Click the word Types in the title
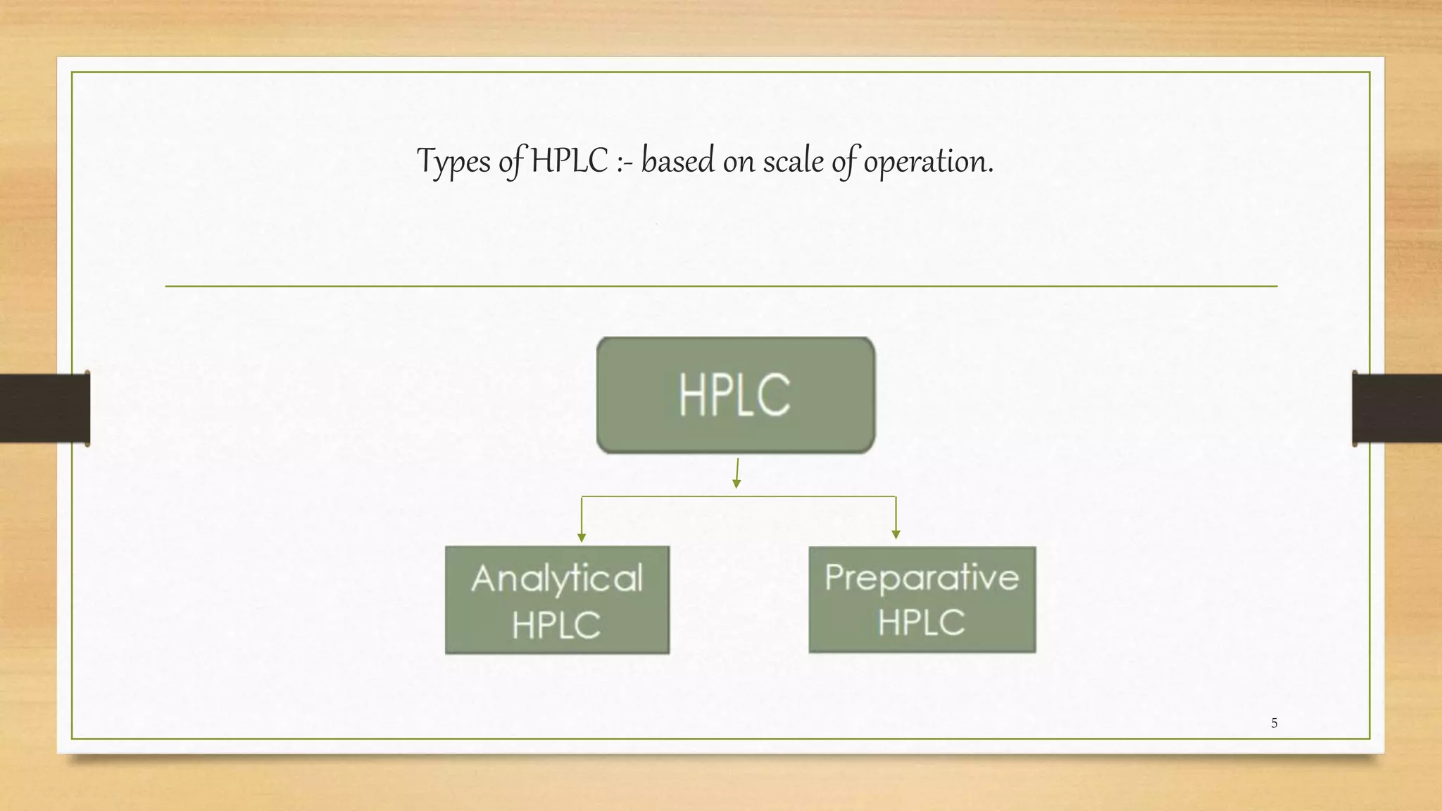[x=453, y=162]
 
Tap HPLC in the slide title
[x=569, y=161]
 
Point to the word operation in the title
[x=928, y=162]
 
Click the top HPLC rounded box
[x=736, y=395]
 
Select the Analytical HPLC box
[x=557, y=600]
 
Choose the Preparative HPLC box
[x=922, y=600]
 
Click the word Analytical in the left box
[x=557, y=579]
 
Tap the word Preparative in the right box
[x=922, y=578]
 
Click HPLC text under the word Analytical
[x=556, y=625]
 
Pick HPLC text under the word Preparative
[x=921, y=622]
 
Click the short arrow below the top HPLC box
[x=737, y=473]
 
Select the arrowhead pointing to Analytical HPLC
[x=582, y=538]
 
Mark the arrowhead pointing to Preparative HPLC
[x=896, y=535]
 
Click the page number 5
[x=1274, y=723]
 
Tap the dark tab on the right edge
[x=1397, y=408]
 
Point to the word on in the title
[x=739, y=162]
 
